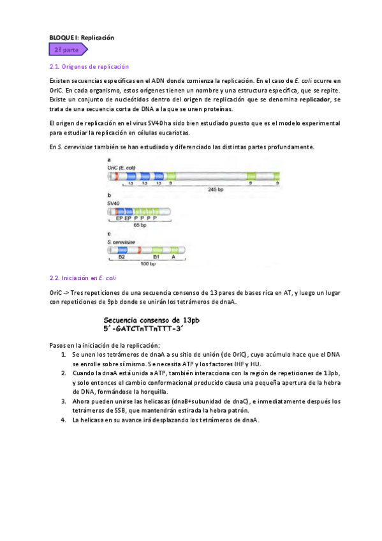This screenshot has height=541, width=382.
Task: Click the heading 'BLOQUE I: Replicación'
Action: [x=82, y=38]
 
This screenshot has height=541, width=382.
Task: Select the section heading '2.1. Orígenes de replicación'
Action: [x=89, y=66]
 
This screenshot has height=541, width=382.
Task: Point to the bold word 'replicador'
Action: [x=315, y=100]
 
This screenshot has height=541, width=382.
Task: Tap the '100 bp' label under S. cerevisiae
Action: [x=148, y=263]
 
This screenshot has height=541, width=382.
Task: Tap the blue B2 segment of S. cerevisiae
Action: [x=119, y=250]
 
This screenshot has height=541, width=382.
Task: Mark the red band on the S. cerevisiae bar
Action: [x=139, y=250]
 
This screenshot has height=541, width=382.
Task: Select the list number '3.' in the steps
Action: [x=64, y=401]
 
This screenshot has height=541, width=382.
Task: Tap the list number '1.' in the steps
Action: [x=64, y=353]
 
